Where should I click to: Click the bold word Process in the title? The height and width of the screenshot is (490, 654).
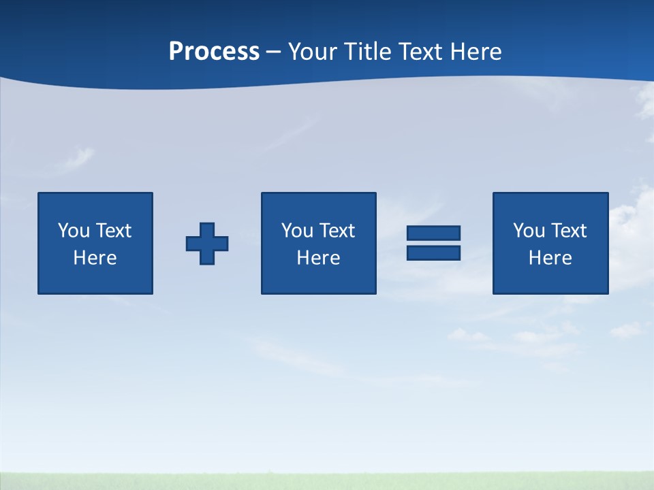pos(214,52)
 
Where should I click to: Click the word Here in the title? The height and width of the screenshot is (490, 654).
pos(477,52)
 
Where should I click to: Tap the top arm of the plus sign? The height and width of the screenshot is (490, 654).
pos(207,229)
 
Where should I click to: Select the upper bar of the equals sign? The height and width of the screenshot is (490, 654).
pos(433,233)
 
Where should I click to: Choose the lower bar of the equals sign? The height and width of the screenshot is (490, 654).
pos(433,253)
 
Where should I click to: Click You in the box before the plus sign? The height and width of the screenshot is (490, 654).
pos(74,231)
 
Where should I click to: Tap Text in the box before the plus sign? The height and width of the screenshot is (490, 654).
pos(113,231)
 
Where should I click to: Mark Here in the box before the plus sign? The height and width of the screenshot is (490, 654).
pos(95,258)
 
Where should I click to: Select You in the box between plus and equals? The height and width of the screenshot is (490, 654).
pos(297,231)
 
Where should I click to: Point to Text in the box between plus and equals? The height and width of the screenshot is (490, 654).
pos(337,231)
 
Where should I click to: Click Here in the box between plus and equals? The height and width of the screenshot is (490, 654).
pos(319,258)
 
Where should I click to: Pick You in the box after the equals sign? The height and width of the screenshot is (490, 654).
pos(529,231)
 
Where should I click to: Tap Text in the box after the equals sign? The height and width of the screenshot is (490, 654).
pos(568,231)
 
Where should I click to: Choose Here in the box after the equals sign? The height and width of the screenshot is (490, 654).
pos(550,258)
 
